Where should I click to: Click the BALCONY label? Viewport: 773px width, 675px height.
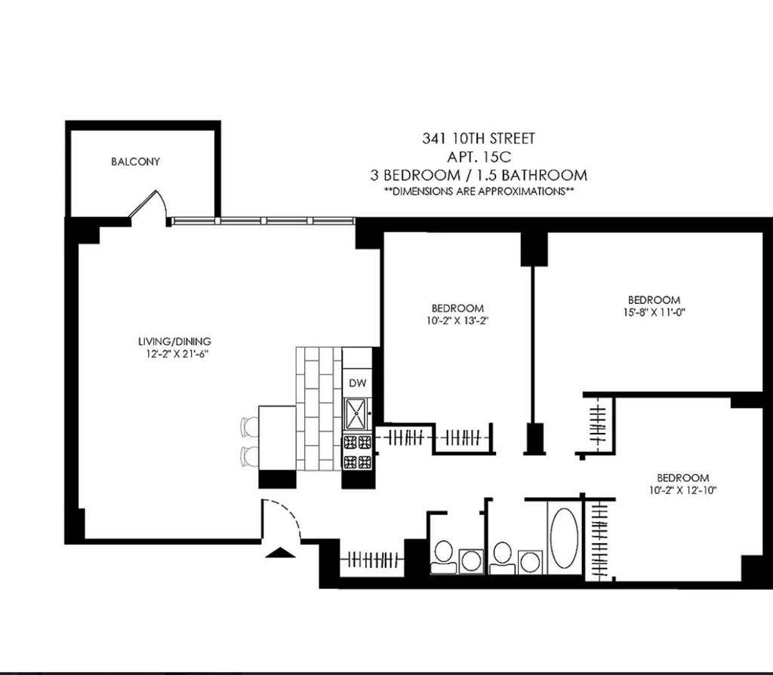point(136,162)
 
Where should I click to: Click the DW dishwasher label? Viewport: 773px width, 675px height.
point(357,382)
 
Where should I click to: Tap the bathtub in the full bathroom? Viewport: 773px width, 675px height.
point(563,536)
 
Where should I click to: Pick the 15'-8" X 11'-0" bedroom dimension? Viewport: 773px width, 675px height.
point(654,311)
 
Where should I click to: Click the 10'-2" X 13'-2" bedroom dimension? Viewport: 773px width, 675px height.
point(457,319)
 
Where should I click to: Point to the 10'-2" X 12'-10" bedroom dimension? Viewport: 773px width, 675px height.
point(682,489)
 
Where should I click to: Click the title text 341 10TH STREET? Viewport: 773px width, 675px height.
point(479,139)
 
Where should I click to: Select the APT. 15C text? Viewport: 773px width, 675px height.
point(479,157)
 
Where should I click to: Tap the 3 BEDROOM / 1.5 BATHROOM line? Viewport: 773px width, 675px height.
point(479,175)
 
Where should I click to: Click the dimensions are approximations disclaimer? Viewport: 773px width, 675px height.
point(479,192)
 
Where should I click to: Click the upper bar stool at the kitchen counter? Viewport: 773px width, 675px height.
point(249,427)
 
